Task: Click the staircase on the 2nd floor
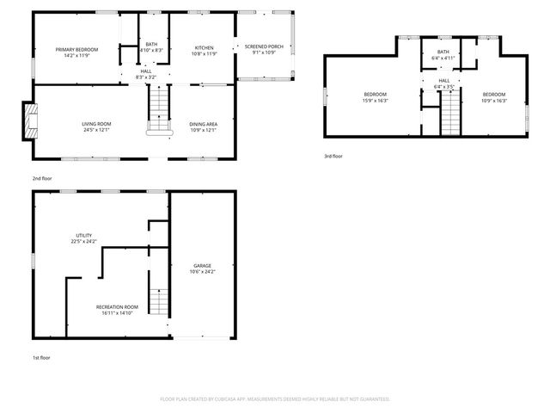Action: coord(159,108)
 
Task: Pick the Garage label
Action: coord(202,268)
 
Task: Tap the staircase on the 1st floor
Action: coord(156,301)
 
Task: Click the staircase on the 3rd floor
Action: coord(450,112)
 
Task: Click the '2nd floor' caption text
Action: coord(43,178)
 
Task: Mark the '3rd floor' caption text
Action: coord(333,156)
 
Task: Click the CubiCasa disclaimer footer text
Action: coord(275,399)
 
